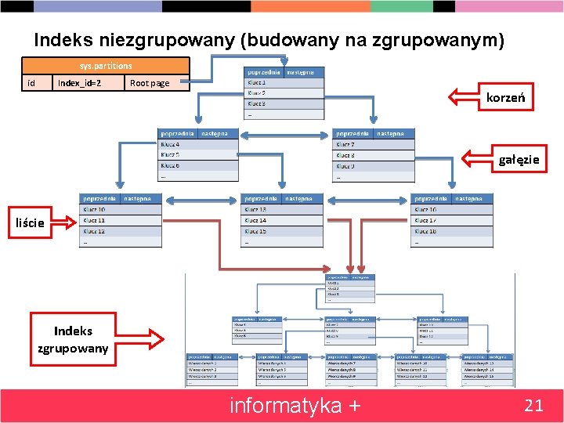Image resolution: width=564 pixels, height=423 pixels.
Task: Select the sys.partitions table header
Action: tap(106, 66)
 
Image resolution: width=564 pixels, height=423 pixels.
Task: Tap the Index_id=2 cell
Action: tap(79, 83)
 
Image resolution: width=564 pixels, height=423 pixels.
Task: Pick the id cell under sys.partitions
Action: tap(31, 83)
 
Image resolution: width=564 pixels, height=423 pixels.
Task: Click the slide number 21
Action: tap(533, 405)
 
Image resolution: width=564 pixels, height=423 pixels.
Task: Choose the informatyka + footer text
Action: tap(295, 406)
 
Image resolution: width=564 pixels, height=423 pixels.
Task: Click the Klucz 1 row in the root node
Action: tap(284, 82)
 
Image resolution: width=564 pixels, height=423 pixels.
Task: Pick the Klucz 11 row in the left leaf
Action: tap(121, 221)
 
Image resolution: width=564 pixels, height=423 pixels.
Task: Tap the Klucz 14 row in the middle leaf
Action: tap(283, 221)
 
